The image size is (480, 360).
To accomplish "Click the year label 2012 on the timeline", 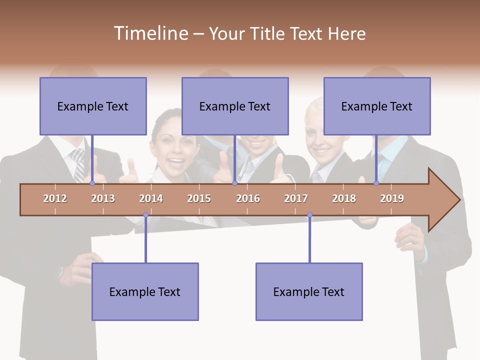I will pos(55,198).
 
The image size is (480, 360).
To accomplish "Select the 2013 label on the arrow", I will pos(103,198).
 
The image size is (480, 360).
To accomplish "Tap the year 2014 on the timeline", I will pos(151,198).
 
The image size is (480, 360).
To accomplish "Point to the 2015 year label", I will pos(199,198).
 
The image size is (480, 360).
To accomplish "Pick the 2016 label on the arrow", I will pos(248,198).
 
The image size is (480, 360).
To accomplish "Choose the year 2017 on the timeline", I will pos(296,198).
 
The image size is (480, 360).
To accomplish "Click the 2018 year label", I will pos(344,198).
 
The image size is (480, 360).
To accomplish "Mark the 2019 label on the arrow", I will pos(392,198).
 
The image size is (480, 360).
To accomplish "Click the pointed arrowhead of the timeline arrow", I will pos(447,200).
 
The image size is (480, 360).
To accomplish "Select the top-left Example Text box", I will pos(93,106).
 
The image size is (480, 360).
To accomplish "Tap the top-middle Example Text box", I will pos(235,106).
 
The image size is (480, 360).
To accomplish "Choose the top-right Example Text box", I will pos(377,106).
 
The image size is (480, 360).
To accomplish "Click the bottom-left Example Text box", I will pos(145,291).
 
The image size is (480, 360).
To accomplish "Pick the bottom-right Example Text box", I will pos(309,291).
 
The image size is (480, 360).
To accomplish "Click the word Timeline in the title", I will pos(150,33).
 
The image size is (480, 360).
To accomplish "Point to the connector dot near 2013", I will pos(92,183).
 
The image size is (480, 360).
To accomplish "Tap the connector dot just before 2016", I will pos(234,183).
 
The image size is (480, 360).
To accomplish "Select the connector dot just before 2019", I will pos(376,183).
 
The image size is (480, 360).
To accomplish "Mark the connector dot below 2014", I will pos(145,215).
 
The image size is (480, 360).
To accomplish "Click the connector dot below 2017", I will pos(309,215).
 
